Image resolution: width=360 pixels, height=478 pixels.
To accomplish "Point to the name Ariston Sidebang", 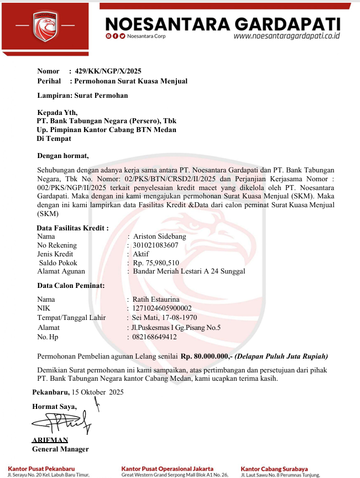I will click(x=160, y=236).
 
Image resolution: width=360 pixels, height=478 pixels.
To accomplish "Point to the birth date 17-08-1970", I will click(x=178, y=318).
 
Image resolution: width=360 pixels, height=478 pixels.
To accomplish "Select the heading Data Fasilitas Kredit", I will click(x=72, y=227).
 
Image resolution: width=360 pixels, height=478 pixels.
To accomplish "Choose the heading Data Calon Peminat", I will click(x=71, y=286).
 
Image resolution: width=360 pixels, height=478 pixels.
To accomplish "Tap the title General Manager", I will click(x=60, y=449).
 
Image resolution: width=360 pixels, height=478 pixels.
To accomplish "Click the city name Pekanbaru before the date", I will click(x=50, y=392).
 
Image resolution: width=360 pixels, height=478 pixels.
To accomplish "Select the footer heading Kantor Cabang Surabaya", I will click(x=274, y=469).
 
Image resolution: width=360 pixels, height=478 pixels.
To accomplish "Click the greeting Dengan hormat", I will click(x=62, y=155).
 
